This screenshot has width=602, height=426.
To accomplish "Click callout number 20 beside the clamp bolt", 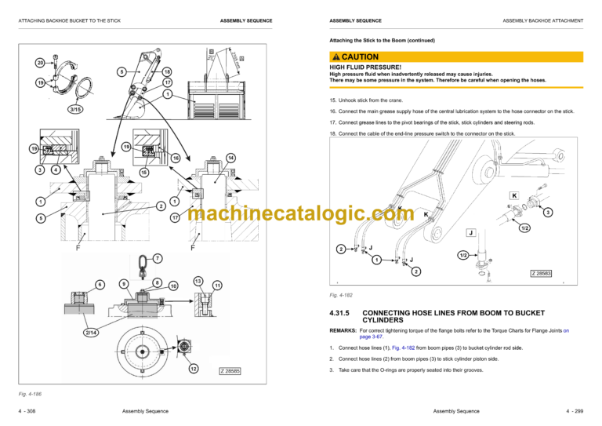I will [x=39, y=63].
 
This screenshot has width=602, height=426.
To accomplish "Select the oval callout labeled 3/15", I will [x=77, y=109].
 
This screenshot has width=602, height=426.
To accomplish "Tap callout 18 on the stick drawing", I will [x=167, y=72].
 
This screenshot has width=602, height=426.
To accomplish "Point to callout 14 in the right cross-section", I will [x=230, y=158].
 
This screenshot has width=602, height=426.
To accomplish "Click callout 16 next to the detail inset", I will [x=176, y=158].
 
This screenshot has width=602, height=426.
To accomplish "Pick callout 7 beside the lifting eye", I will [x=158, y=258].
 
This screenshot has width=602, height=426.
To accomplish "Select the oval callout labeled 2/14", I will [x=92, y=333].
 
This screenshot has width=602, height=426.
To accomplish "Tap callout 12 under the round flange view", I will [x=193, y=369].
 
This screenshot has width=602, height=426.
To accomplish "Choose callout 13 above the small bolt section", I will [x=198, y=281].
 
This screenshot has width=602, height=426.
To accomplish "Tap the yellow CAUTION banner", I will [x=456, y=56].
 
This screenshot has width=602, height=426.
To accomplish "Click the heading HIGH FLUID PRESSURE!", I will [x=365, y=67].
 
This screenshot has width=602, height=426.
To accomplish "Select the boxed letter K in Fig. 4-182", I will [x=514, y=195].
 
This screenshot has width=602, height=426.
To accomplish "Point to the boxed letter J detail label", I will [x=470, y=233].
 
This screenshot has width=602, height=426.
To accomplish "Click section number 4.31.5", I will [x=345, y=312].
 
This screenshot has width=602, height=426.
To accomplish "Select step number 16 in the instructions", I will [x=333, y=111].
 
